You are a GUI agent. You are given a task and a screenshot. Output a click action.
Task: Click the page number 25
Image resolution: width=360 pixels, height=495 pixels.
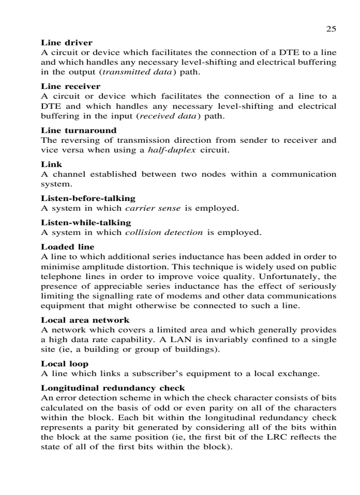pos(331,29)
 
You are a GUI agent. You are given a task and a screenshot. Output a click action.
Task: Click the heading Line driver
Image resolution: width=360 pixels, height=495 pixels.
pos(67,43)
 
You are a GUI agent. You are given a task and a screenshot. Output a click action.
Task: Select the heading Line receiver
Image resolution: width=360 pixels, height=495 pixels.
pos(71,86)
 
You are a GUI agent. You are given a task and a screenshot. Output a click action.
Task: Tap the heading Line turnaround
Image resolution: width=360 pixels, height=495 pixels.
pos(79,130)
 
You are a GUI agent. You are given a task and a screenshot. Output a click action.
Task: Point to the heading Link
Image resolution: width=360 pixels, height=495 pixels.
pos(52,164)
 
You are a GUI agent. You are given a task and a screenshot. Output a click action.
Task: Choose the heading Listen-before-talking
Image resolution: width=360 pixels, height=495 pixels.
pos(88,198)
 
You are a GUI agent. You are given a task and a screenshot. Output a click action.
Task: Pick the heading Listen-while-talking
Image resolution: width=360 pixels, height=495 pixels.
pos(86,223)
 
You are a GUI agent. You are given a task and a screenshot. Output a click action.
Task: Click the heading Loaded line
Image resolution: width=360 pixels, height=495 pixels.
pos(67,247)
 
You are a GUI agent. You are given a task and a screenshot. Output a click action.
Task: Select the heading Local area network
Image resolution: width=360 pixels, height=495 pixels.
pos(85,320)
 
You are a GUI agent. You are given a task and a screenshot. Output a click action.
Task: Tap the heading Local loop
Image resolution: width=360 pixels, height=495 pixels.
pos(64,364)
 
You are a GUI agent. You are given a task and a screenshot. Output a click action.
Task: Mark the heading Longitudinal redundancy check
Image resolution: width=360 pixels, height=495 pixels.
pos(113,388)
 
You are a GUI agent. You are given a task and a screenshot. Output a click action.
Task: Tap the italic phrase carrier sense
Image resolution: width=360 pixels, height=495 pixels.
pos(153,208)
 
